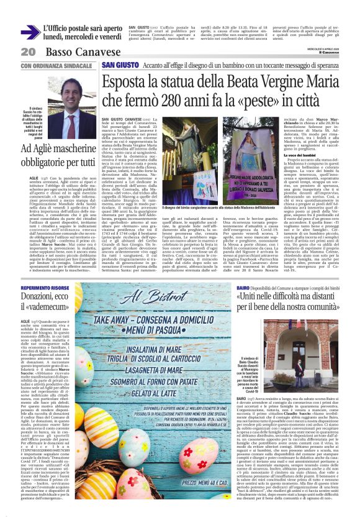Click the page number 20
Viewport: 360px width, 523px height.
[29, 52]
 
